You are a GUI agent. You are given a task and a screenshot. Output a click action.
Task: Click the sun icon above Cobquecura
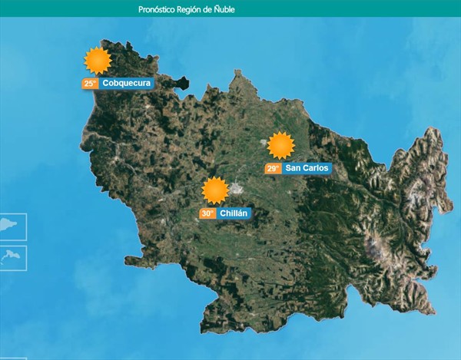pos(98,60)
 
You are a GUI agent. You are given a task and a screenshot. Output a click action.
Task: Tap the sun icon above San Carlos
pos(280,145)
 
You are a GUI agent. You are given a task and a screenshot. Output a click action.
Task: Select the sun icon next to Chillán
pos(214,190)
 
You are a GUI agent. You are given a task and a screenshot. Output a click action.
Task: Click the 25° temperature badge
pos(90,84)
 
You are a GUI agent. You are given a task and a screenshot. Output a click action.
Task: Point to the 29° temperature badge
pos(273,168)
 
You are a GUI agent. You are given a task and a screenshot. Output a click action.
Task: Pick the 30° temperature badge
pos(207,213)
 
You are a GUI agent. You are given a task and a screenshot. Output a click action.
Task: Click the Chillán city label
pos(234,213)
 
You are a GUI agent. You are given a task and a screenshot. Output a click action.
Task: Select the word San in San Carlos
pos(293,168)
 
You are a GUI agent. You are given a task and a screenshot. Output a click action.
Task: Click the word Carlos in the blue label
pos(316,168)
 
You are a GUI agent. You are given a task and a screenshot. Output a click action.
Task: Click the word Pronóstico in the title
pos(158,9)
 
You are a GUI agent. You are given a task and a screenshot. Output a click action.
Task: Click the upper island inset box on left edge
pos(13,227)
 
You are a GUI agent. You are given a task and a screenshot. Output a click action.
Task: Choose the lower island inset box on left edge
pos(13,258)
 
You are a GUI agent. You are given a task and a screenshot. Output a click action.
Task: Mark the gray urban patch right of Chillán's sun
pos(237,188)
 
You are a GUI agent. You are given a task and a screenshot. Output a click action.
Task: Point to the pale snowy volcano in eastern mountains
pos(376,247)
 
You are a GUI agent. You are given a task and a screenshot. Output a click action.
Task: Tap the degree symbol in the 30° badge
pos(212,211)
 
